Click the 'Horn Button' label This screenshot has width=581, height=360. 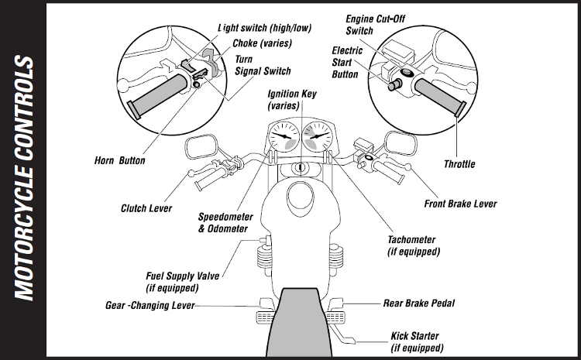[x=115, y=161]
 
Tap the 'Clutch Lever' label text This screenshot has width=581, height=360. [x=146, y=208]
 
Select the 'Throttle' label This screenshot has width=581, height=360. [x=459, y=164]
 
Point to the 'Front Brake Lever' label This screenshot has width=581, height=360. [x=461, y=204]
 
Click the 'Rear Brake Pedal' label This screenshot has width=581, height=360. [x=420, y=303]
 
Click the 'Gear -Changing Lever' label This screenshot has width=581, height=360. [x=150, y=305]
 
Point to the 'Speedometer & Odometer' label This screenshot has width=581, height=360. [x=222, y=223]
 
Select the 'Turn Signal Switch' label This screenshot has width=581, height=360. [x=263, y=66]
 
